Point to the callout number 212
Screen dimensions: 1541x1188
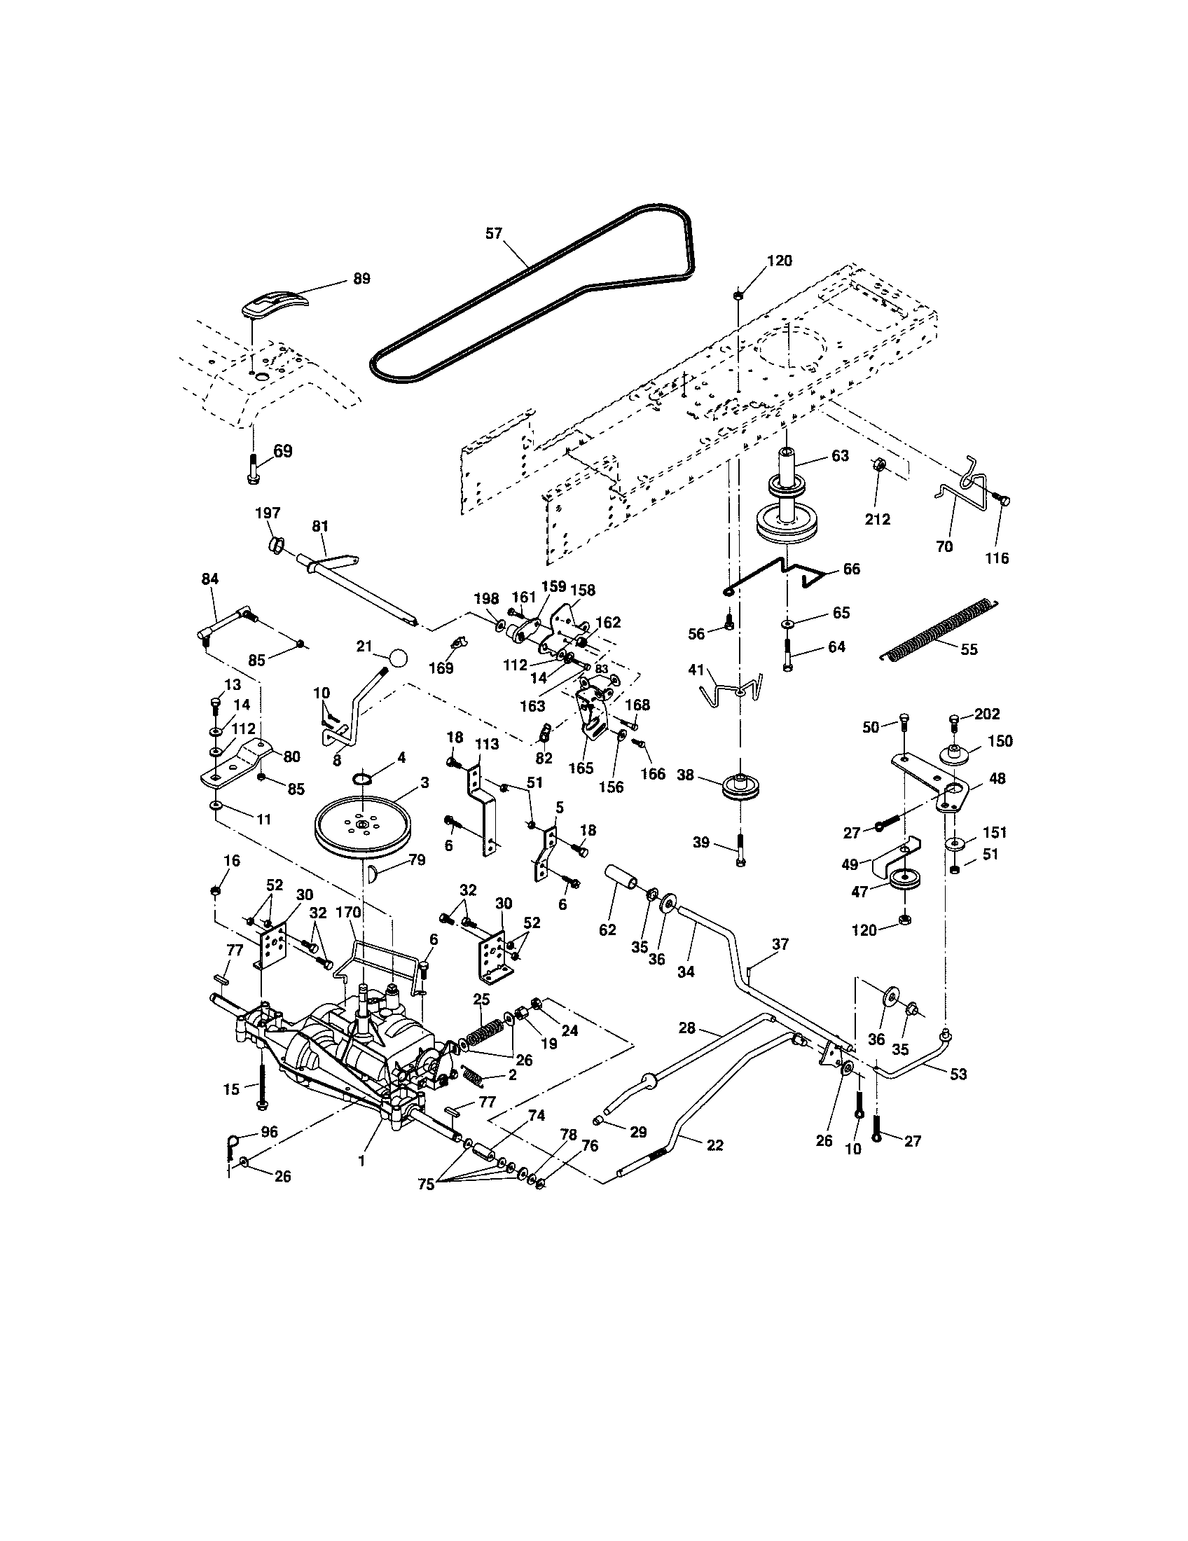coord(877,518)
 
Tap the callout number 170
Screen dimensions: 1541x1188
coord(348,911)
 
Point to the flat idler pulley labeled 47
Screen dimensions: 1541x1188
coord(902,880)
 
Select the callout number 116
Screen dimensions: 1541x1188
coord(997,558)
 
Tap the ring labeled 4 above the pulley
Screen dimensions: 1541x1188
coord(362,778)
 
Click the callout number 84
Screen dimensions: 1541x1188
coord(209,579)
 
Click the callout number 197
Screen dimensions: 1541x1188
coord(268,513)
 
